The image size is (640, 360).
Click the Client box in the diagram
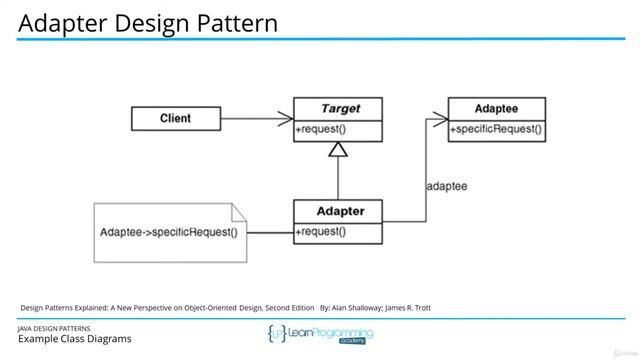click(175, 119)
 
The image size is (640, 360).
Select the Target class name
click(337, 109)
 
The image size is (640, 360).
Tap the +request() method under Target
click(320, 130)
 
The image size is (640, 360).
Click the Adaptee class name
click(496, 108)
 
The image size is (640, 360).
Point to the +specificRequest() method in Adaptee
click(496, 129)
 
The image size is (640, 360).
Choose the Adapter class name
click(337, 212)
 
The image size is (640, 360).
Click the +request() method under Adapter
click(320, 232)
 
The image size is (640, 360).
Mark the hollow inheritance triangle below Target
click(337, 150)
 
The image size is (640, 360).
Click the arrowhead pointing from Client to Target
click(285, 119)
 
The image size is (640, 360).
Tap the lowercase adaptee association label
click(446, 186)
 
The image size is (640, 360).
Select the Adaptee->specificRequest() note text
click(169, 233)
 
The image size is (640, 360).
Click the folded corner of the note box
click(237, 211)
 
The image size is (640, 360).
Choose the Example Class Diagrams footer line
click(74, 340)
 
